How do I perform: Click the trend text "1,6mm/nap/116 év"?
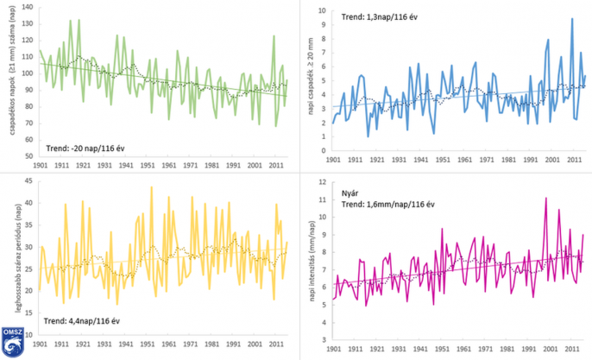(x=398, y=204)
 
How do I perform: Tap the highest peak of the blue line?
(x=571, y=19)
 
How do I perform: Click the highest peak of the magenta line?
(x=545, y=199)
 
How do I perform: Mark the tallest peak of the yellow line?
(x=151, y=187)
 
